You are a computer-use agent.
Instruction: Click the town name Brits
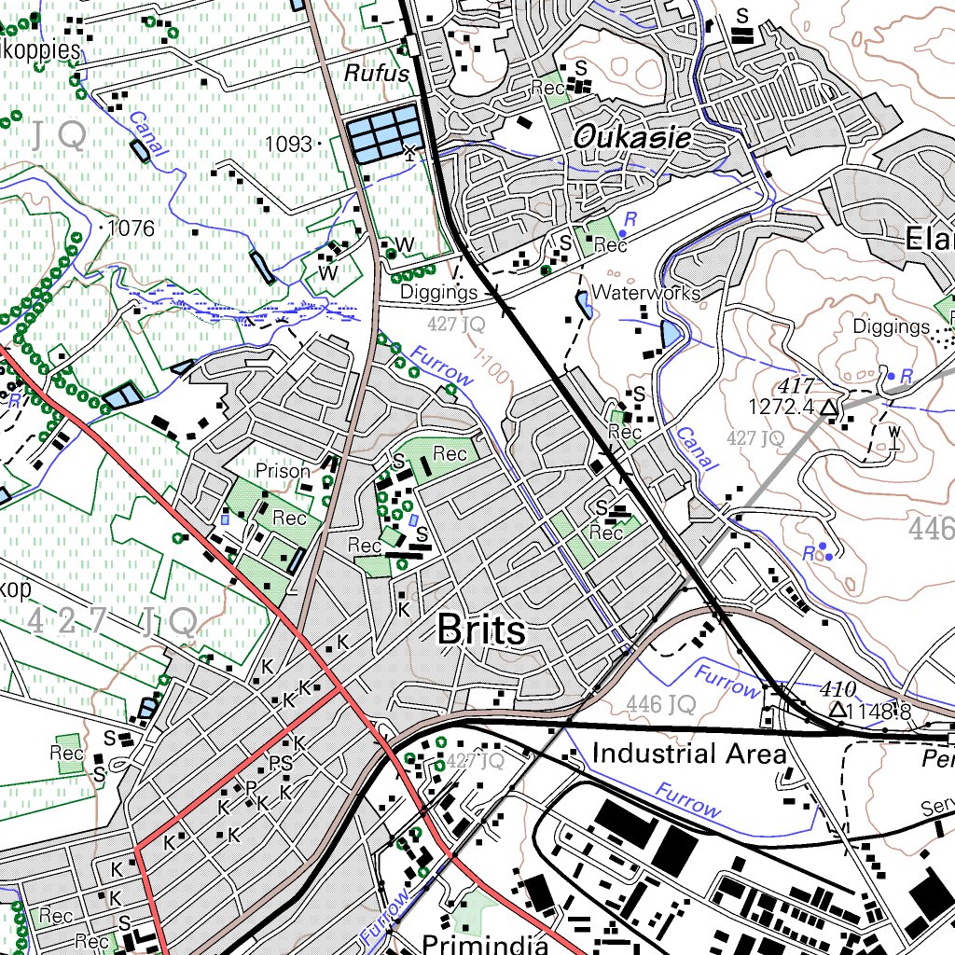(x=480, y=631)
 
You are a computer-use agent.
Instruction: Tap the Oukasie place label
(x=632, y=139)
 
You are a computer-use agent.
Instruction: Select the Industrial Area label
(x=689, y=753)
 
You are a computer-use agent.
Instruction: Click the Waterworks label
(x=645, y=293)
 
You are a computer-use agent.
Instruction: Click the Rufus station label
(x=377, y=73)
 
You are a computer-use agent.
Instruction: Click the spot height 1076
(x=131, y=228)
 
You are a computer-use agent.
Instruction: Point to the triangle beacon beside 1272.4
(x=829, y=408)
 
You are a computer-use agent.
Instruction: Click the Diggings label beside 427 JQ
(x=438, y=293)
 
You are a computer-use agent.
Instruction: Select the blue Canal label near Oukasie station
(x=693, y=449)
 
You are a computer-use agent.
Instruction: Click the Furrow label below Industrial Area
(x=687, y=801)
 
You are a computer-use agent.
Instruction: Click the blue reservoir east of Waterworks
(x=671, y=333)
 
